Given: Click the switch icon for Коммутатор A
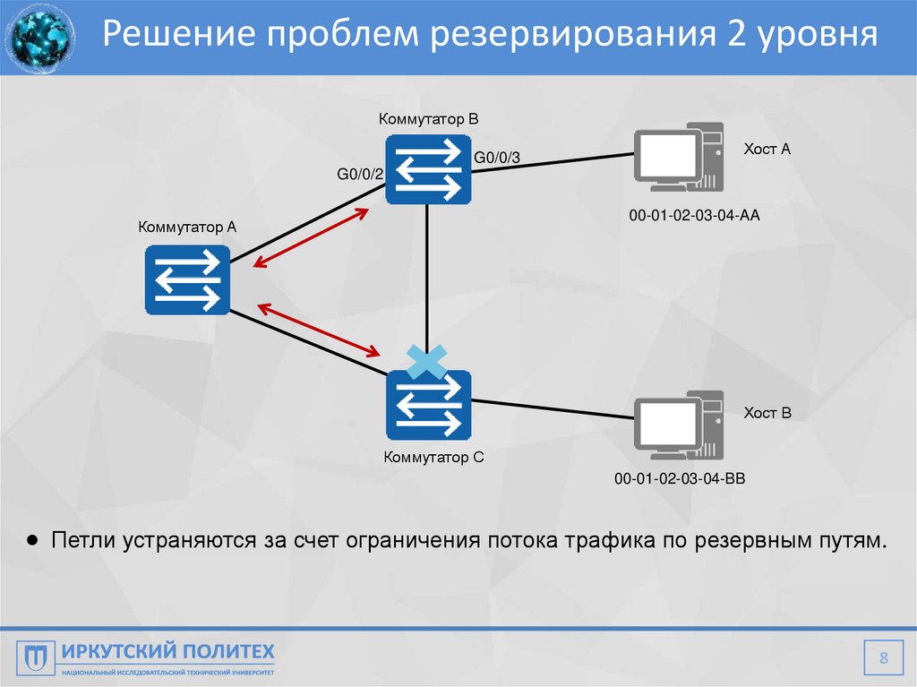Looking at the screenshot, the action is click(x=187, y=279).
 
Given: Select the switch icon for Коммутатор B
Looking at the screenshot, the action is click(x=428, y=168).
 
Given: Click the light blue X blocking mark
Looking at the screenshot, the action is click(x=426, y=363).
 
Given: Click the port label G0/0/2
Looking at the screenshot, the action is click(x=360, y=174).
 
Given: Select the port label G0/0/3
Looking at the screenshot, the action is click(x=496, y=159).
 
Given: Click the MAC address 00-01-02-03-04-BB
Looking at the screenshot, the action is click(x=680, y=480).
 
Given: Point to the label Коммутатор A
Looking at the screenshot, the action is click(x=187, y=228).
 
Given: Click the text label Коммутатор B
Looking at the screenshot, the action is click(x=429, y=118).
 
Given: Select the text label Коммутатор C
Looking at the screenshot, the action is click(x=433, y=458).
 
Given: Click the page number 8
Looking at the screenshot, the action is click(x=884, y=661).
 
